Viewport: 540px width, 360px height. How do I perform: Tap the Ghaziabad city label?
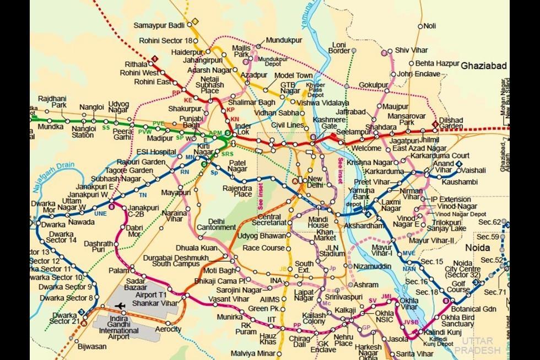point(484,65)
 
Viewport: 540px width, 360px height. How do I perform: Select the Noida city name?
point(477,248)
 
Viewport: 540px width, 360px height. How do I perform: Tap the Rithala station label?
point(136,64)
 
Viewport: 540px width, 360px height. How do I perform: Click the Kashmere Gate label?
point(325,123)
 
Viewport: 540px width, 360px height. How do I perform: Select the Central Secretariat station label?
point(268,219)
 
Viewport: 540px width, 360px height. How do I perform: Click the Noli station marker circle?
point(420,26)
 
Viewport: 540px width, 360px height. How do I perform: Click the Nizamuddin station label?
point(372,266)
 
